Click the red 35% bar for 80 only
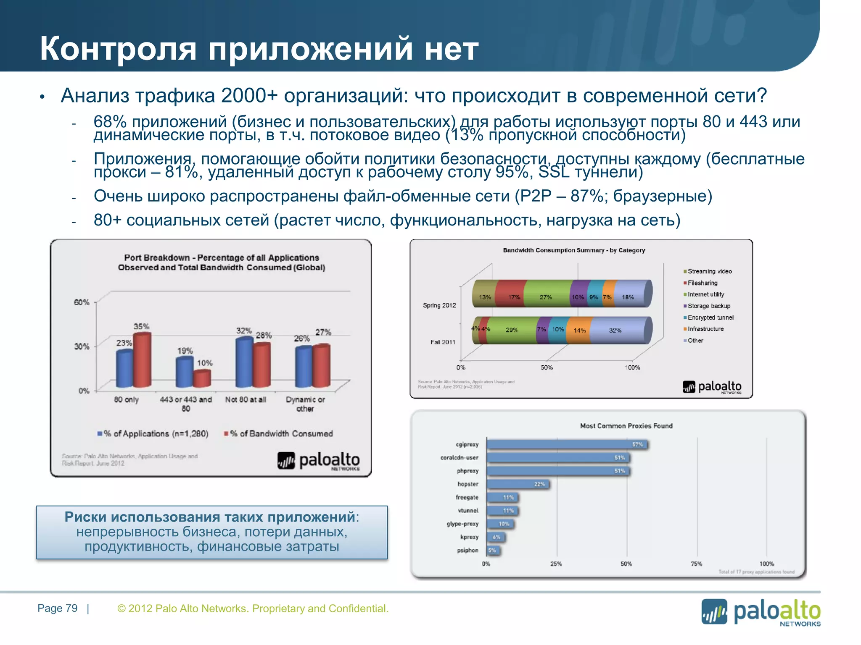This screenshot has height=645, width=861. (142, 360)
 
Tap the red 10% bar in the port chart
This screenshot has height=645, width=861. (202, 379)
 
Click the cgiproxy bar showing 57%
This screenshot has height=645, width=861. (568, 444)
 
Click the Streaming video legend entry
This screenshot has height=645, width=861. (709, 271)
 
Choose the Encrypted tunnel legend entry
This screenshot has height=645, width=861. (710, 317)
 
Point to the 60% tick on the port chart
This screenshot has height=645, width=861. (82, 302)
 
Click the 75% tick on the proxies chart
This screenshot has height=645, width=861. (696, 564)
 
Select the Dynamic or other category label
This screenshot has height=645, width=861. (305, 404)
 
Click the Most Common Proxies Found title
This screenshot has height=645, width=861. (626, 426)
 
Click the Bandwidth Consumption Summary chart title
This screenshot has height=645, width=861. (574, 250)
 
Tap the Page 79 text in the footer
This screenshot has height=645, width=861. (58, 608)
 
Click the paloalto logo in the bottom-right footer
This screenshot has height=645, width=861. (761, 612)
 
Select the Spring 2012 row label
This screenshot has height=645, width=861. (439, 305)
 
